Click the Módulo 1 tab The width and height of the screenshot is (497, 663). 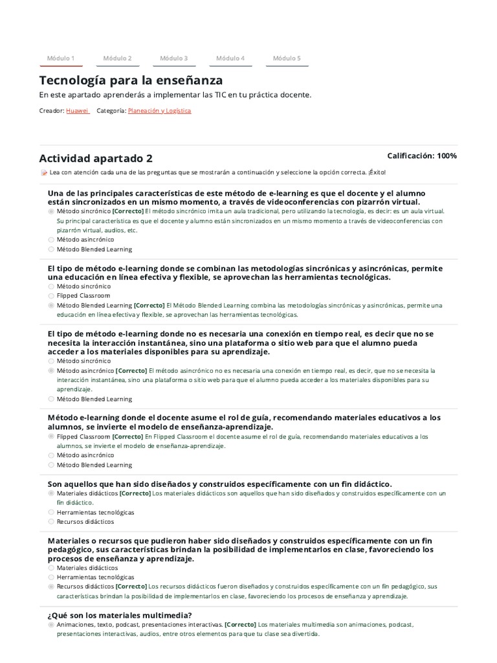pos(61,58)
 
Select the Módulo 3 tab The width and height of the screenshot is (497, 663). pos(174,58)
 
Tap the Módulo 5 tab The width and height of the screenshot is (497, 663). pos(287,58)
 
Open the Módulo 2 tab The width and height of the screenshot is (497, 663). pos(117,58)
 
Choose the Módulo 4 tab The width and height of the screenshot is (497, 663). pos(230,58)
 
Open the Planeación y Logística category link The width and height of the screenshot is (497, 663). pos(159,111)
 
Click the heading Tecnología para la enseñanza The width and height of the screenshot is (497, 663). pos(131,80)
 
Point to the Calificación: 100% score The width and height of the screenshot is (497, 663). pos(421,156)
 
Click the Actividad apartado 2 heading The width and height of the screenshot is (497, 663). pos(96,159)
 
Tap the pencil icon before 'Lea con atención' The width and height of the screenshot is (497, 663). pos(44,173)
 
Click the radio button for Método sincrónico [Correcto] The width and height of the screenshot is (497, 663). pos(51,211)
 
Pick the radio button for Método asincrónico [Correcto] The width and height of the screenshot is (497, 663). pos(51,371)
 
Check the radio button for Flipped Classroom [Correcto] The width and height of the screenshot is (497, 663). pos(51,436)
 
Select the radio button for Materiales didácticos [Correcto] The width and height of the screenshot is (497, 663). pos(51,493)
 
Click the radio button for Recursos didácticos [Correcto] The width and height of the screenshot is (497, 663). pos(51,587)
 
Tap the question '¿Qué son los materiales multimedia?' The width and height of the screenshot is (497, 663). pos(120,615)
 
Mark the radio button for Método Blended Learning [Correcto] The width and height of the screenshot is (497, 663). pos(51,305)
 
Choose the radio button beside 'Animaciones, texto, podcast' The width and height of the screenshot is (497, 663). pos(51,625)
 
